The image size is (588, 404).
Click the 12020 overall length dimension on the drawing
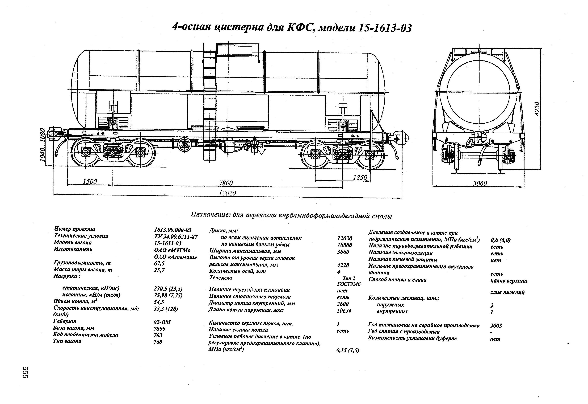tap(227, 193)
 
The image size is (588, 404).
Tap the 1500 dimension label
tap(90, 181)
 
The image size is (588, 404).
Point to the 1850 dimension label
tap(360, 178)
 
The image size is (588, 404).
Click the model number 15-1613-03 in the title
tap(385, 28)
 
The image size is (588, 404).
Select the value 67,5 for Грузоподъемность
tap(159, 263)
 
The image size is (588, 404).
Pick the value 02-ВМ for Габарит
tap(162, 322)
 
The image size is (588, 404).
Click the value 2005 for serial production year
tap(496, 325)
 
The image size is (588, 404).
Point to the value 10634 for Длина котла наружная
tap(344, 311)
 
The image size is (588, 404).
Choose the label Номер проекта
tap(74, 229)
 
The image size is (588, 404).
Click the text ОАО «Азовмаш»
tap(176, 257)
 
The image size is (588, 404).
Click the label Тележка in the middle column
tap(221, 278)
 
